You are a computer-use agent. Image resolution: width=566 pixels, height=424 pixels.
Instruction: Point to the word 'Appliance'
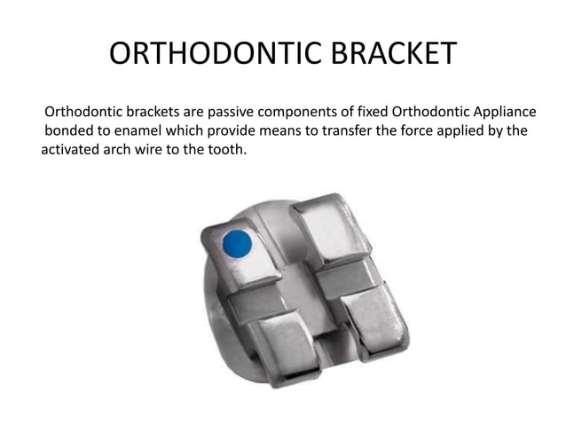(500, 113)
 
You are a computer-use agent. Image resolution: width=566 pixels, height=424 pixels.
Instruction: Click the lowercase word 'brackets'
(158, 113)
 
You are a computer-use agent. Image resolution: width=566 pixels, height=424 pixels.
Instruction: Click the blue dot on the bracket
(236, 242)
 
